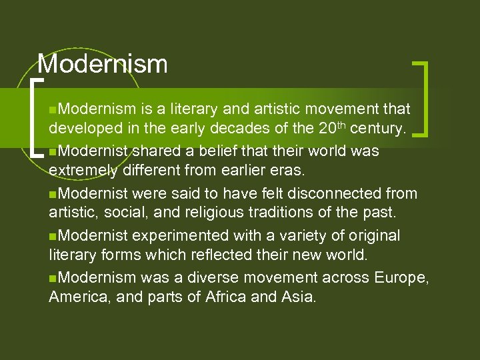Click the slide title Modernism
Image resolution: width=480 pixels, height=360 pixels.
(x=103, y=64)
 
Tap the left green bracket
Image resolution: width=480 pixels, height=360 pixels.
(x=35, y=117)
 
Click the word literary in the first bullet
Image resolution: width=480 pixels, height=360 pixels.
(x=196, y=108)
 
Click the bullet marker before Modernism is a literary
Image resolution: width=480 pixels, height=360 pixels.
(x=53, y=109)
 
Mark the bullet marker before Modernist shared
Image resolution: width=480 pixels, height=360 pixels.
(x=53, y=151)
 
